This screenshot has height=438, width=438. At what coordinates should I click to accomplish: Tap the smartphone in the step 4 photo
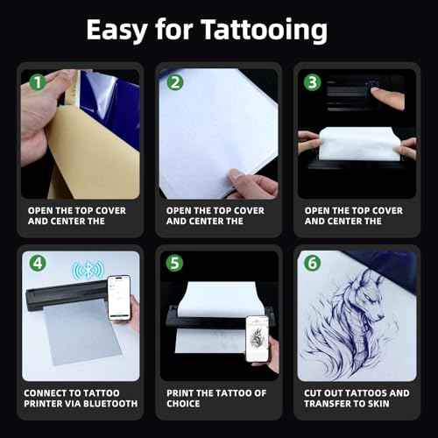[119, 296]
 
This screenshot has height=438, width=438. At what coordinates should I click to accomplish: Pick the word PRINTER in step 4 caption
[47, 404]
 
